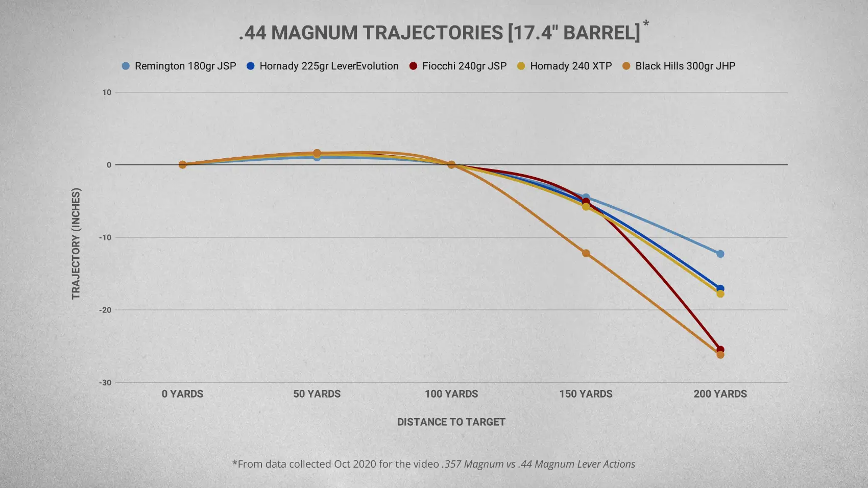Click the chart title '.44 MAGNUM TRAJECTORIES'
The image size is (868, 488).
[x=439, y=33]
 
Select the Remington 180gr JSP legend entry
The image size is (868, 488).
[x=179, y=66]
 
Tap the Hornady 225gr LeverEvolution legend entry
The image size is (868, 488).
[x=323, y=66]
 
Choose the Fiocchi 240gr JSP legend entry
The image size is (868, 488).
[x=458, y=66]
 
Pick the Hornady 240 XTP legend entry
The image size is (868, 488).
[x=564, y=66]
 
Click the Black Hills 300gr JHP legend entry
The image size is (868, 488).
[x=679, y=66]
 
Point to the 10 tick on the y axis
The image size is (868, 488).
[x=106, y=92]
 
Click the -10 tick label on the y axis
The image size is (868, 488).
[x=105, y=237]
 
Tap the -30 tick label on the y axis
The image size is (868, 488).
[x=105, y=382]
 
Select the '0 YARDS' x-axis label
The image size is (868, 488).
[x=182, y=394]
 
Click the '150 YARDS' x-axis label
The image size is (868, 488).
[x=586, y=394]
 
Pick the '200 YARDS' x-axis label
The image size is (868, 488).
[x=720, y=394]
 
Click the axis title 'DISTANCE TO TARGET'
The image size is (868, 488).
[x=451, y=422]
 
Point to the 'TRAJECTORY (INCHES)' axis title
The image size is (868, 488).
[x=76, y=244]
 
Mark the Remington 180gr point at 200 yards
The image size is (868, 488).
[x=720, y=254]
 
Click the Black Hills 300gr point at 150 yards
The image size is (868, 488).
[x=586, y=253]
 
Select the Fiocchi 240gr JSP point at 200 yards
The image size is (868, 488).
[x=720, y=350]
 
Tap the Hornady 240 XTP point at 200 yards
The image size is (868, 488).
[x=720, y=294]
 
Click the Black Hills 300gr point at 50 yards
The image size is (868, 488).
[x=317, y=153]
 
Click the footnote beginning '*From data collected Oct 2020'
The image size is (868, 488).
[x=434, y=464]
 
